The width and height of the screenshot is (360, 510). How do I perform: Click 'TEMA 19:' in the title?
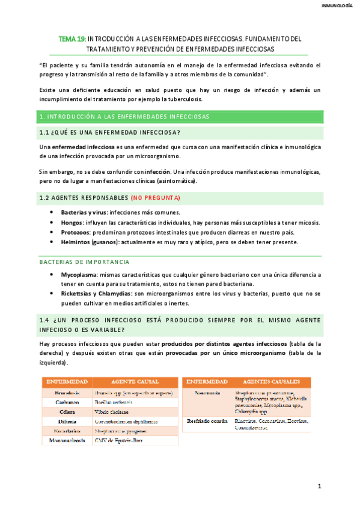[72, 38]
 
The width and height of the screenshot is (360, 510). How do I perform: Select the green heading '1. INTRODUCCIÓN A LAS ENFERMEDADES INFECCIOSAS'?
[124, 116]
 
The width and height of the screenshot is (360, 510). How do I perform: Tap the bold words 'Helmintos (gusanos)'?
[90, 242]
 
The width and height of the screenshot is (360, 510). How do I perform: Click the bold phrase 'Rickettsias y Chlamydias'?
[97, 294]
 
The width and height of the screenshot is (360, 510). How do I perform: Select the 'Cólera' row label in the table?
[67, 412]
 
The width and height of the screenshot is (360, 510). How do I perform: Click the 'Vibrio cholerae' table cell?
[113, 412]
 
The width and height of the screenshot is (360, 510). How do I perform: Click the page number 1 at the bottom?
[320, 486]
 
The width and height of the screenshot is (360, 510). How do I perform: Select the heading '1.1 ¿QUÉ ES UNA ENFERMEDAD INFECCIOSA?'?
[110, 133]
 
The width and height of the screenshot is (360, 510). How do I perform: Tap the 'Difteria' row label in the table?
[67, 422]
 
